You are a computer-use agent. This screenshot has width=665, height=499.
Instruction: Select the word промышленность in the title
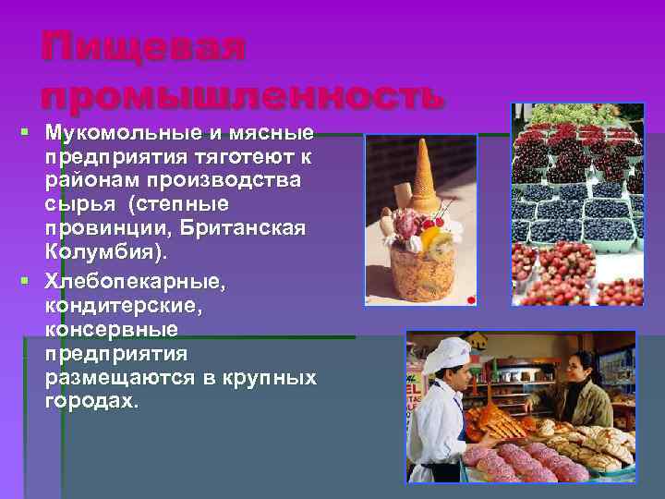(x=243, y=93)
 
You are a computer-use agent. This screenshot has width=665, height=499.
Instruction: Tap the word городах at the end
(x=89, y=401)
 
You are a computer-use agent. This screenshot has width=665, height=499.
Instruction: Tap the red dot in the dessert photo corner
(x=471, y=298)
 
